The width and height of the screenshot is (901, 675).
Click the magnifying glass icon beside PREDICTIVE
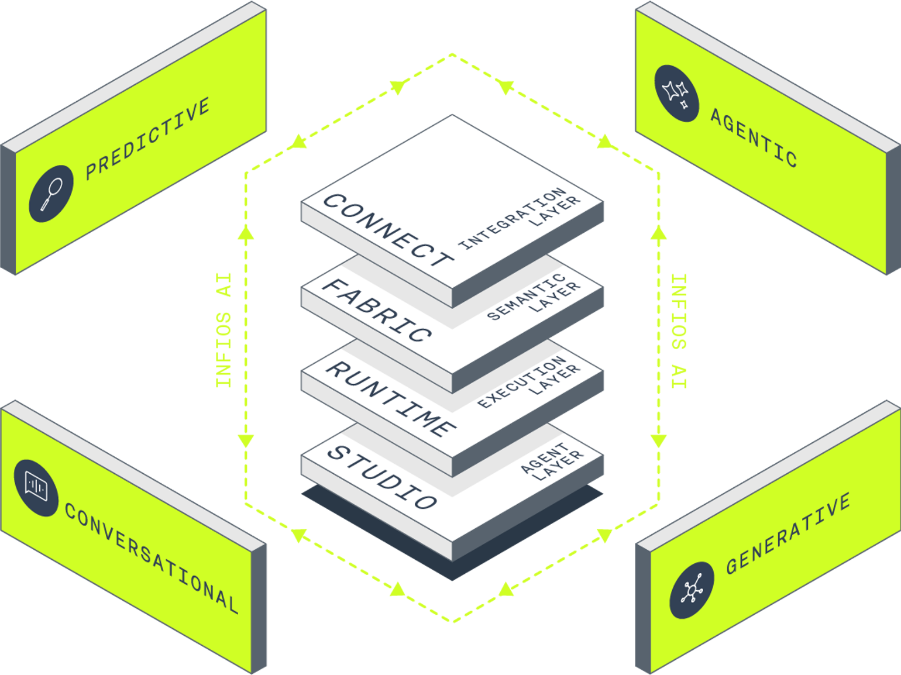point(51,194)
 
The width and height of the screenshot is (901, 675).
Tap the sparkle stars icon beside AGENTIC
point(676,94)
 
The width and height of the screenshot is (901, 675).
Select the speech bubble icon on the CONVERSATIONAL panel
point(36,488)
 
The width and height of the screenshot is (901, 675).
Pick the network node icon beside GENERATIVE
point(692,590)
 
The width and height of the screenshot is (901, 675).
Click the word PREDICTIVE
point(148,139)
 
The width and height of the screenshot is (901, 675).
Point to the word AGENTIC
point(754,138)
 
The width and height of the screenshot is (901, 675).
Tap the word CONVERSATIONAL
point(152,558)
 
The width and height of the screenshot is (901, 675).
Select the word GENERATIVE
point(788,533)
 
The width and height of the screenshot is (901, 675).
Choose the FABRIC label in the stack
point(377,310)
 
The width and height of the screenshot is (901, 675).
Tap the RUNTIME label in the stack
point(391,399)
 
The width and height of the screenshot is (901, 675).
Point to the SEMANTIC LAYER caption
point(534,296)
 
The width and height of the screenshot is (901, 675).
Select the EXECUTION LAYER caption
point(529,382)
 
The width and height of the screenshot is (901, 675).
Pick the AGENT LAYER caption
point(552,462)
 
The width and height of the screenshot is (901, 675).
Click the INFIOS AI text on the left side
point(223,330)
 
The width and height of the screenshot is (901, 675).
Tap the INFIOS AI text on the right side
point(679,331)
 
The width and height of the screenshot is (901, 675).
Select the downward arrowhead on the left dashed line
point(246,441)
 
